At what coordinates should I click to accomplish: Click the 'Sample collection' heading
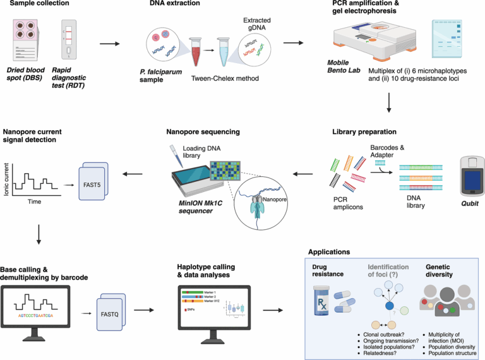tap(33, 4)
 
